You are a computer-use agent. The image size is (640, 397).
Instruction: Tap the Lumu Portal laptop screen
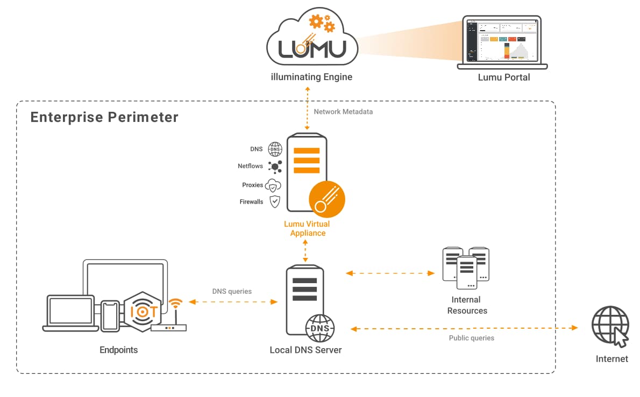502,41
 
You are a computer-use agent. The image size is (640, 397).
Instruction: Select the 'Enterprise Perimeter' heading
104,117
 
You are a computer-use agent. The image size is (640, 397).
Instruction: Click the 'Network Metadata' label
343,112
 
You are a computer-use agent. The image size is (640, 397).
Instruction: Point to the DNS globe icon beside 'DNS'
275,149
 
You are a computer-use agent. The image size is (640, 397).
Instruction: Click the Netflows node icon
275,167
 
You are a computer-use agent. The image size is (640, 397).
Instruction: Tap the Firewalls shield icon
275,202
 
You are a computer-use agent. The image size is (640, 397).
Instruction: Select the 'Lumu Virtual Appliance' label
307,228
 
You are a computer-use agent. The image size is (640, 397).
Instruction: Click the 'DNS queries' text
232,292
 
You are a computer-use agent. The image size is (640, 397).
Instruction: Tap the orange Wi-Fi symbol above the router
174,305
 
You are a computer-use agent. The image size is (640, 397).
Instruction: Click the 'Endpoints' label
119,350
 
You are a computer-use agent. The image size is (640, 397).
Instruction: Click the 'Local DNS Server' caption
305,350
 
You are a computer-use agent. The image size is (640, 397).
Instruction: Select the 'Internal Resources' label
467,305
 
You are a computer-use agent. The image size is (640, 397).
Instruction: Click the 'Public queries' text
471,338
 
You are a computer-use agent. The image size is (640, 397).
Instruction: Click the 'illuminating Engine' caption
311,77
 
